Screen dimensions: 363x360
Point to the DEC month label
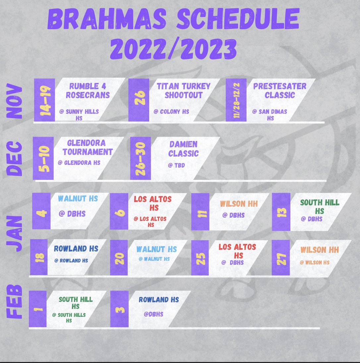pyautogui.click(x=15, y=159)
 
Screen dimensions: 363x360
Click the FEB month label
pyautogui.click(x=15, y=301)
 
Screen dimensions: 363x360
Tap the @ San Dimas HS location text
pyautogui.click(x=270, y=114)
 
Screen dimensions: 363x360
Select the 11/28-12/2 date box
pyautogui.click(x=236, y=100)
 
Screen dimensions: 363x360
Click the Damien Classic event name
pyautogui.click(x=183, y=149)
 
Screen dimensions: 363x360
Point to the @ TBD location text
pyautogui.click(x=177, y=165)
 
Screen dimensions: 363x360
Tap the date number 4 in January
pyautogui.click(x=41, y=211)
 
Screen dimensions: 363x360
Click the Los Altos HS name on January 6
pyautogui.click(x=153, y=203)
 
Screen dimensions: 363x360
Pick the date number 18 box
pyautogui.click(x=39, y=257)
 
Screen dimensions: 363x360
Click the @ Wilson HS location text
pyautogui.click(x=315, y=262)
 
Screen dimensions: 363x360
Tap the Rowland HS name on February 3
pyautogui.click(x=159, y=300)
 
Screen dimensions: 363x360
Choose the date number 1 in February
pyautogui.click(x=37, y=309)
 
